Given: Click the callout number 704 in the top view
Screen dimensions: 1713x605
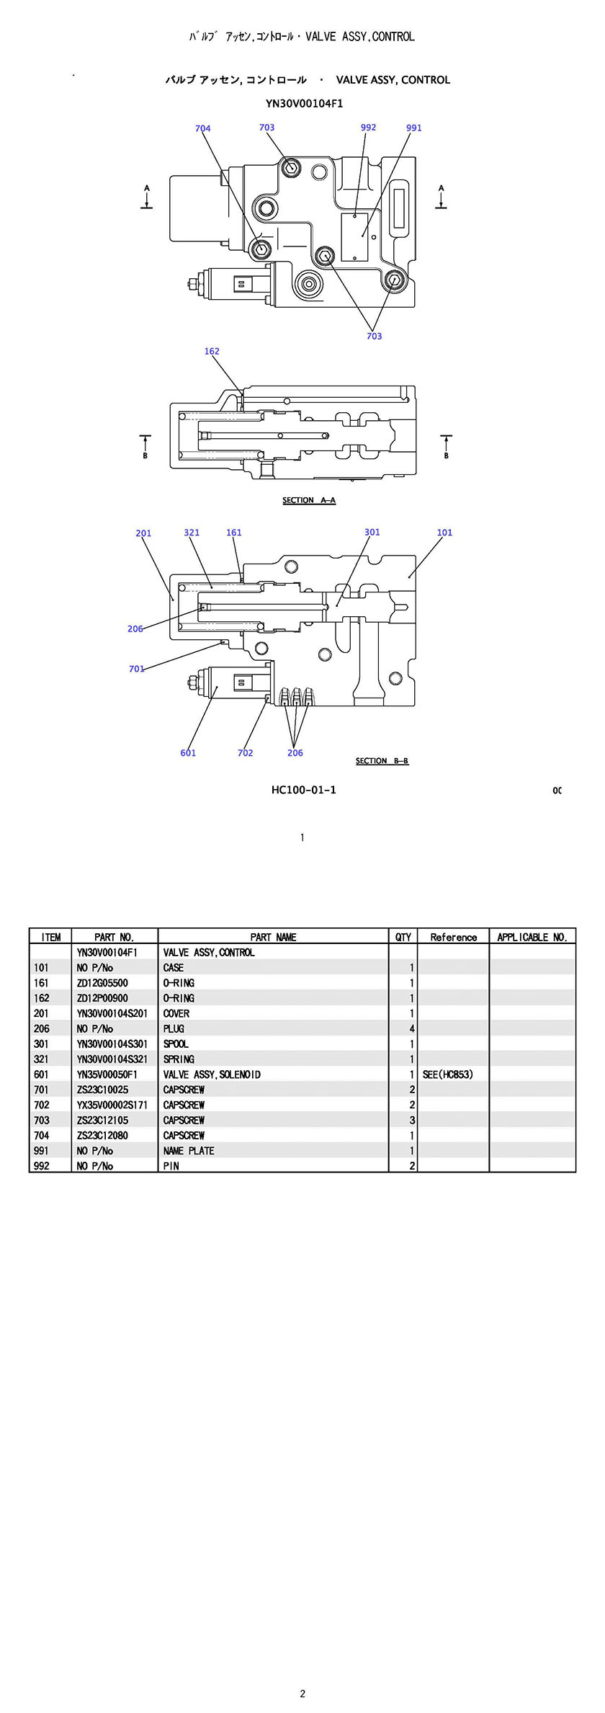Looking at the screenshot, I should coord(202,129).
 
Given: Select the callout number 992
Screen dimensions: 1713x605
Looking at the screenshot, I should coord(368,128).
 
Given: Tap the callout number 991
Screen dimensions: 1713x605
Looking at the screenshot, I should coord(414,128).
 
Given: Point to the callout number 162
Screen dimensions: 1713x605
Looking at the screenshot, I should coord(212,352).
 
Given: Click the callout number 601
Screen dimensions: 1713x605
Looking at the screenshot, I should coord(188,753).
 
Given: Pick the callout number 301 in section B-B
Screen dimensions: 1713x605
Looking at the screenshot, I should coord(372,533).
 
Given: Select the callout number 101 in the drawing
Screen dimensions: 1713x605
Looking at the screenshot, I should coord(444,533).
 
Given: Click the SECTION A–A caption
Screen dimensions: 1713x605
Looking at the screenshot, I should coord(309,500).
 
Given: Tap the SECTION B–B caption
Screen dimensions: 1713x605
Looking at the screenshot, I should coord(382,761).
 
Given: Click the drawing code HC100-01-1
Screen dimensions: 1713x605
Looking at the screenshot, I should coord(303,790).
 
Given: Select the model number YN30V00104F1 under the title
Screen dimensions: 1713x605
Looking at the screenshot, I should coord(304,104).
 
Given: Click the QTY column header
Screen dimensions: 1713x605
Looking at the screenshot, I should coord(403,937).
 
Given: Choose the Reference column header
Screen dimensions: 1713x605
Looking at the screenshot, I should coord(453,937).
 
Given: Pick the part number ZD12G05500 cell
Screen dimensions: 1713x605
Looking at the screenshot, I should coord(103,983).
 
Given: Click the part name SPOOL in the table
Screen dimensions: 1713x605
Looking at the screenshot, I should coord(176,1044).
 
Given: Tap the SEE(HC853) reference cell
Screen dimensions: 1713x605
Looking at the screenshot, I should coord(448,1074).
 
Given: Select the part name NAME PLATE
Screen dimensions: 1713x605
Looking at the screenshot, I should coord(189,1151).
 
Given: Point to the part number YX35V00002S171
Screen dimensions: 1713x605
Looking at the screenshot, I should coord(112,1105).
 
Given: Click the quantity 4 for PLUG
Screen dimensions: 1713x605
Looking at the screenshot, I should coord(412,1028).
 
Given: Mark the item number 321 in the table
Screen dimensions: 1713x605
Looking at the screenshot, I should coord(42,1059).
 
